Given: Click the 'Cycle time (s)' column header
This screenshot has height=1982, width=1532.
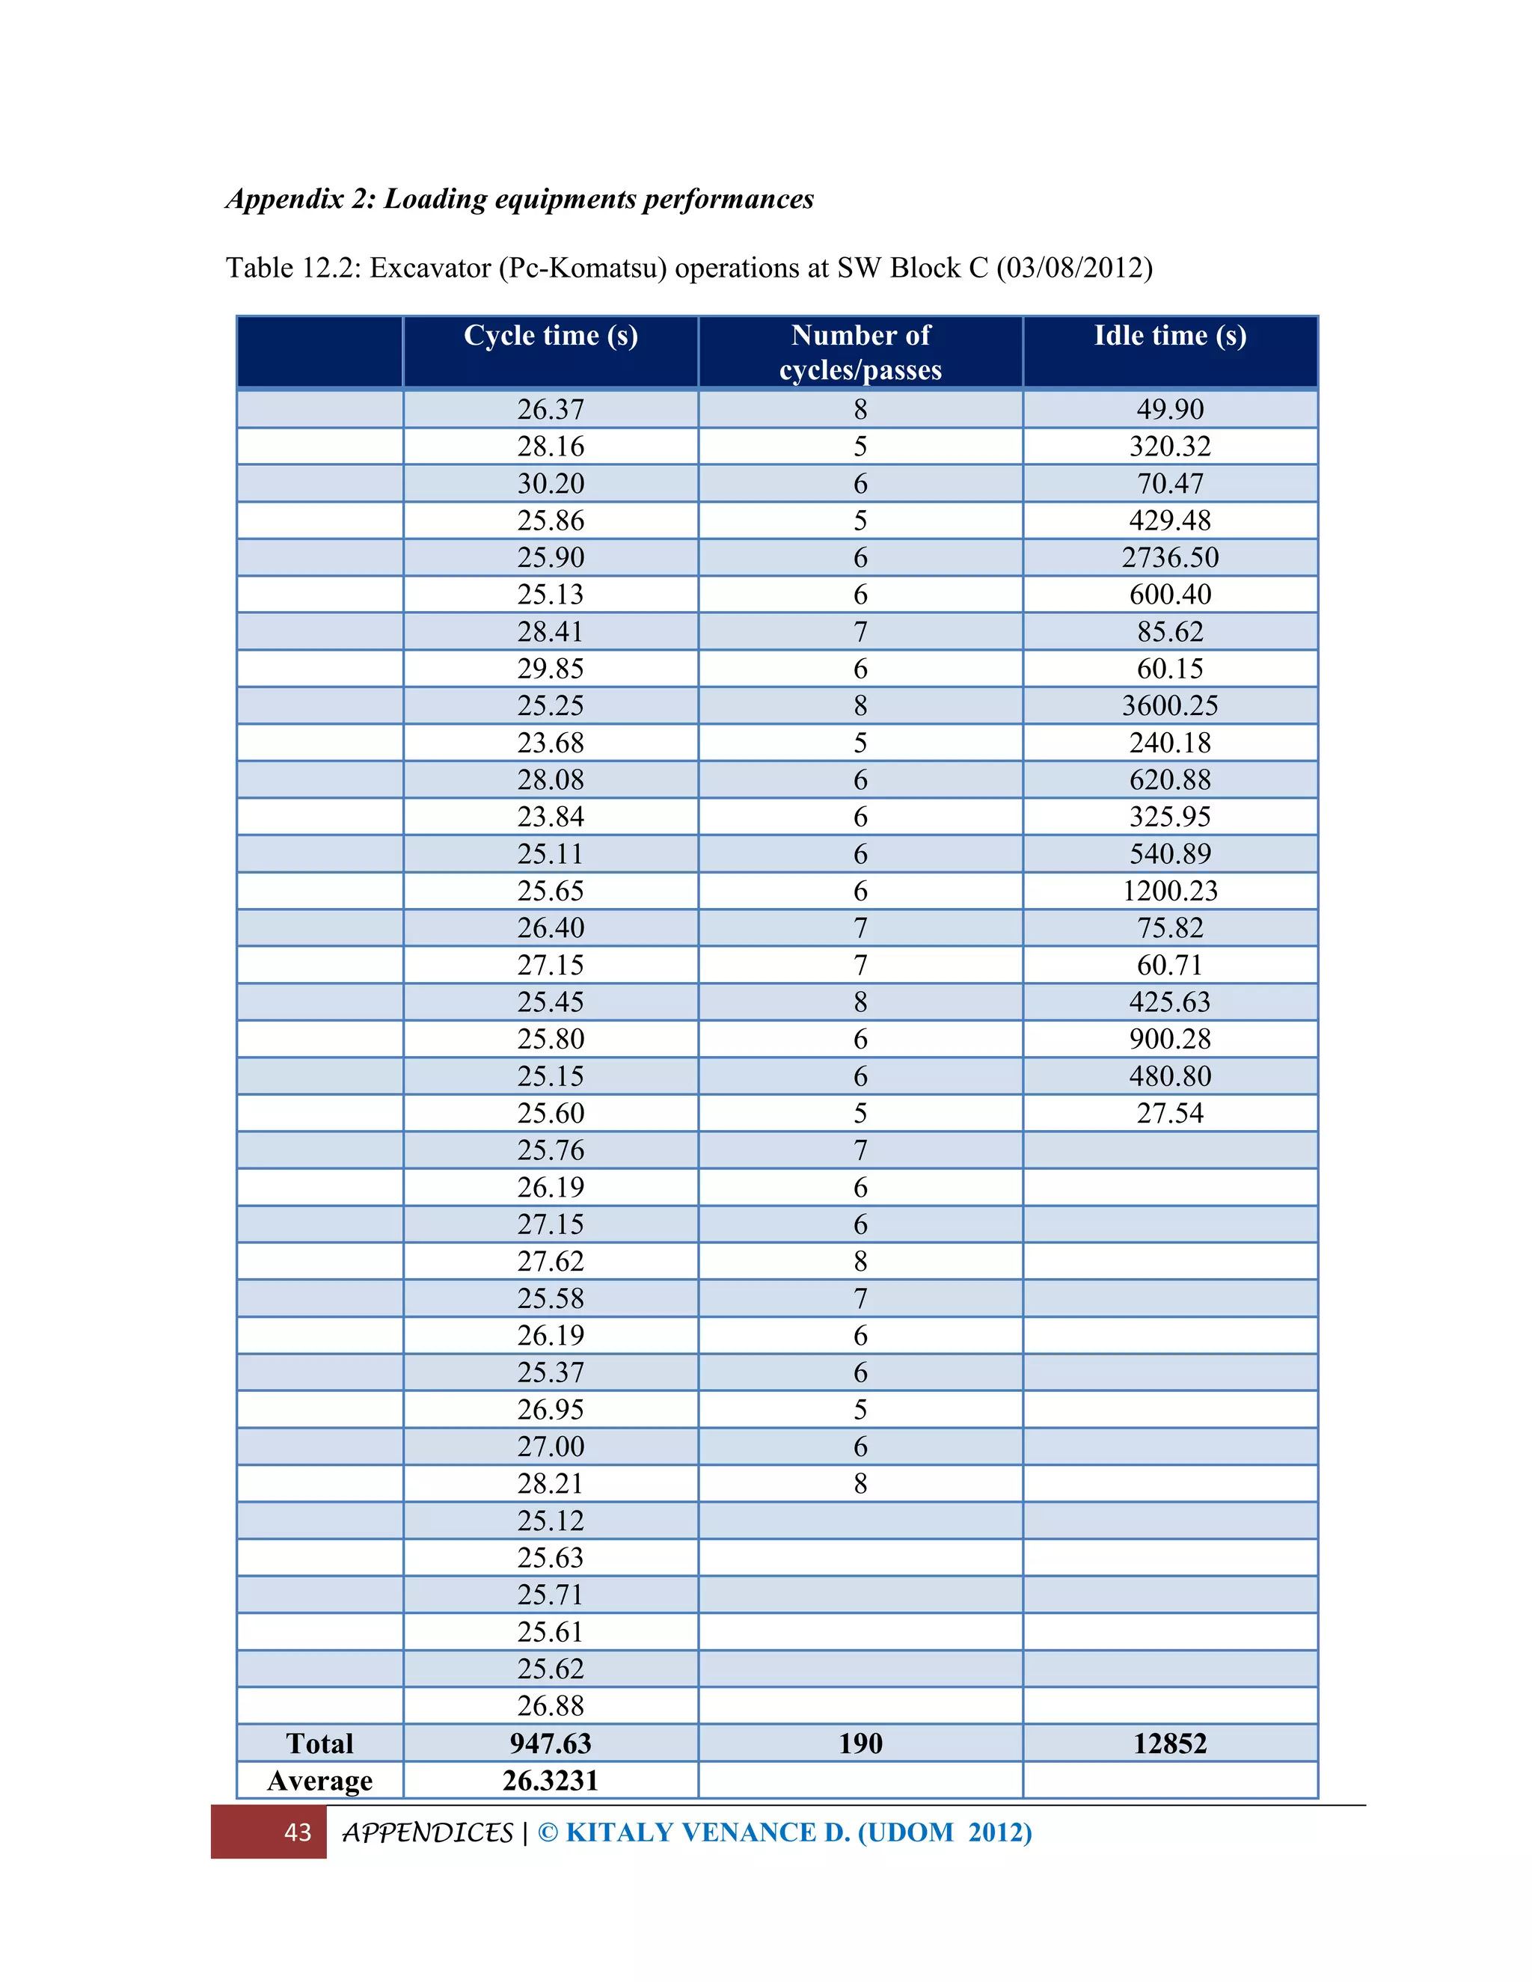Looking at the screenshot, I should (x=551, y=336).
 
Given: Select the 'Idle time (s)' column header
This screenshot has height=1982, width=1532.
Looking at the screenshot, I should (x=1170, y=336).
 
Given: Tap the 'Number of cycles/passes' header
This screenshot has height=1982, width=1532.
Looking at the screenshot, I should (x=860, y=352).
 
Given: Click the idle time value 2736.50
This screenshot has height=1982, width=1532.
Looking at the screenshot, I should (x=1170, y=557).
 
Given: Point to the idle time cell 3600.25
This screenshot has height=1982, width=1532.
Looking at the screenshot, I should (x=1170, y=705).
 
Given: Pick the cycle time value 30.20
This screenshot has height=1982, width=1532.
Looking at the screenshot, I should (x=551, y=484).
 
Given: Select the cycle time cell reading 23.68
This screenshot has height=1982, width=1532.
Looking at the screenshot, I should (x=551, y=743).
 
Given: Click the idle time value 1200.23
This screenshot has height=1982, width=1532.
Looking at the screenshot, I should (x=1170, y=890).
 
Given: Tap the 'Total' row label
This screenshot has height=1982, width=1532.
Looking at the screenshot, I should (x=319, y=1743).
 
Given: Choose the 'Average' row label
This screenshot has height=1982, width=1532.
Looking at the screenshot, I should (x=319, y=1781).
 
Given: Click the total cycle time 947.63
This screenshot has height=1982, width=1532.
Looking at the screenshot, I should (x=551, y=1743).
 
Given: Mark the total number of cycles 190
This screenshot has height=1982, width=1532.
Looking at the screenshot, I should (x=860, y=1743).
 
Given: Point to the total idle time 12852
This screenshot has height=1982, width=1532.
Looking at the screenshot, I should (x=1170, y=1743).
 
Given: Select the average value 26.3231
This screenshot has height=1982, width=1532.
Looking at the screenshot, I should (x=551, y=1781).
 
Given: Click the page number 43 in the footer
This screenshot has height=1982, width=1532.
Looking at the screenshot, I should (x=298, y=1832).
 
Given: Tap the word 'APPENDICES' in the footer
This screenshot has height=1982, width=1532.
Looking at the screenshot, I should (x=427, y=1832).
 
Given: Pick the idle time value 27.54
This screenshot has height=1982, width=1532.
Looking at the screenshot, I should (x=1170, y=1113).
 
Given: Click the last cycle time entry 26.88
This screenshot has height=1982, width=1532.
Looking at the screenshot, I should (x=551, y=1706).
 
